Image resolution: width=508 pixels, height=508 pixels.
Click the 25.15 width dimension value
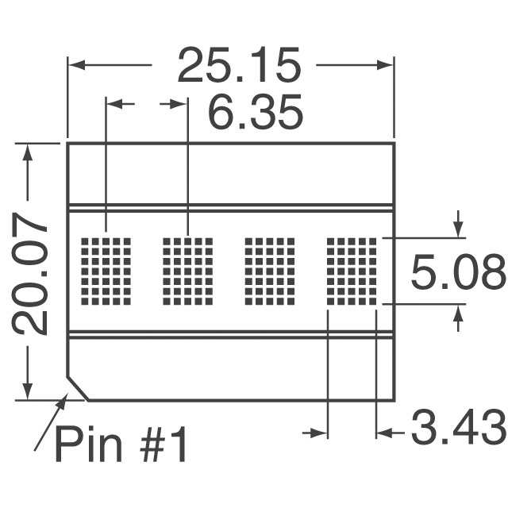tap(238, 66)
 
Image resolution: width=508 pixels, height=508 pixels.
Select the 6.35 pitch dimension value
tap(256, 114)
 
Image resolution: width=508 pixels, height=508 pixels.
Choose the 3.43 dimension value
tap(457, 429)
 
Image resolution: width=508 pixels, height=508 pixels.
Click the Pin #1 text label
tap(121, 445)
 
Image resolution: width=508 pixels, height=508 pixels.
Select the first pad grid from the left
tap(106, 270)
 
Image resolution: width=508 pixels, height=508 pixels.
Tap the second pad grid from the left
tap(187, 270)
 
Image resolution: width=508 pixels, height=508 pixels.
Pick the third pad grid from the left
tap(269, 270)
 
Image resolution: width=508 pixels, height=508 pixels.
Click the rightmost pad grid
tap(351, 270)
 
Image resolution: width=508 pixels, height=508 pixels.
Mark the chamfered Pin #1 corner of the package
tap(77, 389)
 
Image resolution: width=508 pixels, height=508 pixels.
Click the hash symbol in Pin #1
tap(143, 445)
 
